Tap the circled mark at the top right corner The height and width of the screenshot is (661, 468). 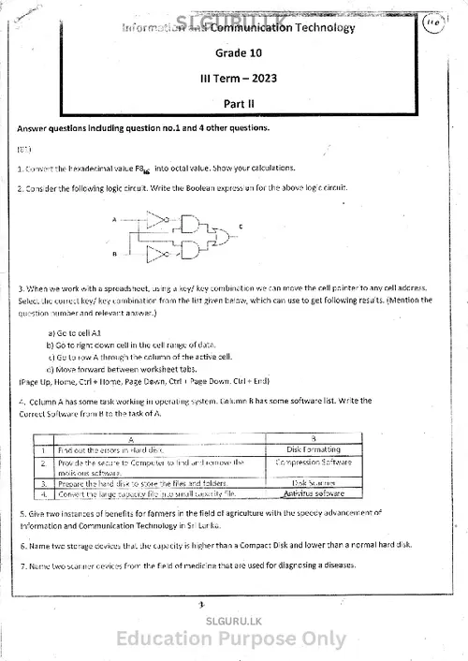431,27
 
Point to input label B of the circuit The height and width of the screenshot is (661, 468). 114,253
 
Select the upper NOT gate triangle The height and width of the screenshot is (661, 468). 155,220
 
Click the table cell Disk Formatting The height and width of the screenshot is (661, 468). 314,449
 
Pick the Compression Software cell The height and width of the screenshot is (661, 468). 314,463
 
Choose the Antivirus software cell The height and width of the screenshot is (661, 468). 314,492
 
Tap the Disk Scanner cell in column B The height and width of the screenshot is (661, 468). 314,483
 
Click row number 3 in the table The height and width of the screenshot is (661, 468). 44,483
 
